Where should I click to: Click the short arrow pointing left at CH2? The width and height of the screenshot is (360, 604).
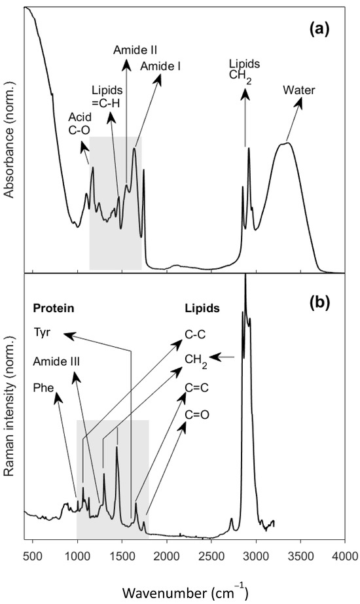point(226,357)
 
